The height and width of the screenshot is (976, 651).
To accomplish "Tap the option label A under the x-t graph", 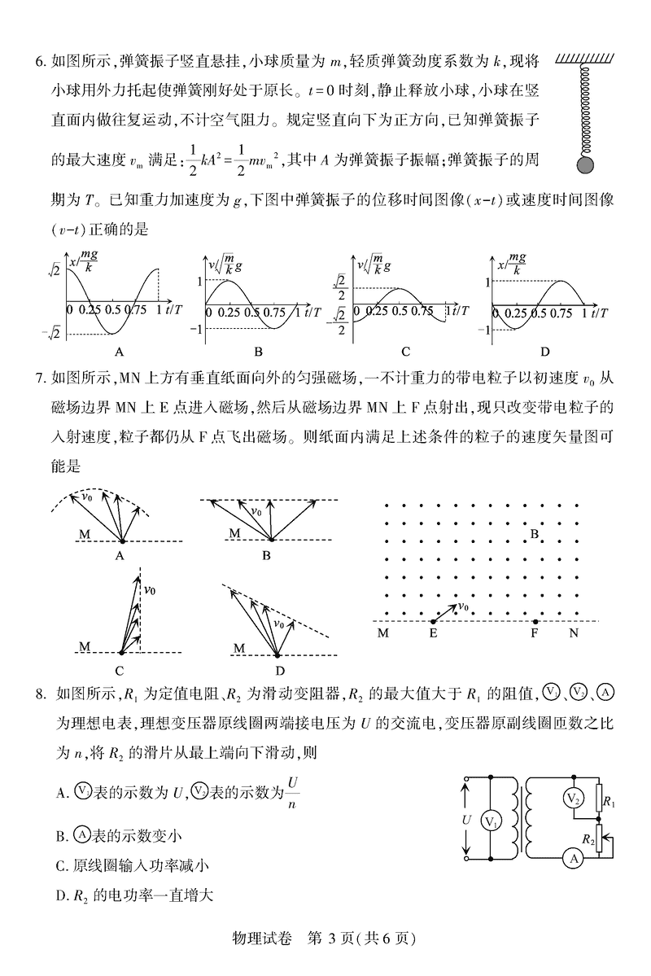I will click(120, 352).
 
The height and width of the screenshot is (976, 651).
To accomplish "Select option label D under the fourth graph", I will click(544, 352).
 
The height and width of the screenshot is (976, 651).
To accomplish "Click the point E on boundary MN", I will click(433, 622).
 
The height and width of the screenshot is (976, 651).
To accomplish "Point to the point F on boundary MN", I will click(535, 622).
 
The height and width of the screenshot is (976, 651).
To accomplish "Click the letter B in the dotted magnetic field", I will click(535, 534).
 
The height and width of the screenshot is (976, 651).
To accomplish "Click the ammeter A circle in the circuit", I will click(573, 856).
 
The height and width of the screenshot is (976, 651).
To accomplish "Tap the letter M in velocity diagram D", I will click(238, 647).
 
